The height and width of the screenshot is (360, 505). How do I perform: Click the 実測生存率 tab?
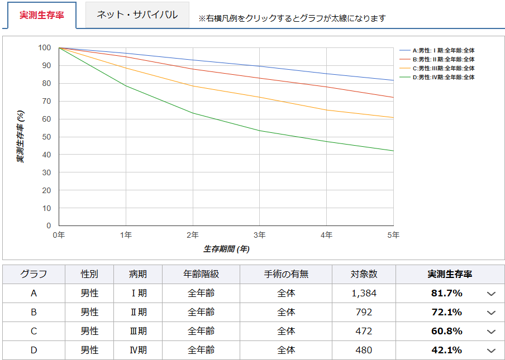(x=42, y=15)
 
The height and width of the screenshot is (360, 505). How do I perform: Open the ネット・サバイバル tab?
(x=137, y=15)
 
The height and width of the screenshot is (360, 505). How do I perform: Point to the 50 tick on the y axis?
(x=47, y=137)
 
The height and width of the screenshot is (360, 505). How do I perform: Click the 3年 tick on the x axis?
(x=259, y=235)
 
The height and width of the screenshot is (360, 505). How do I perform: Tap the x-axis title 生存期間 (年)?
(x=226, y=248)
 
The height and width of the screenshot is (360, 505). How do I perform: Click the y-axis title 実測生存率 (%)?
(x=20, y=136)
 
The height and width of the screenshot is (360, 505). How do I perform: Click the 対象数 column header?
(x=364, y=274)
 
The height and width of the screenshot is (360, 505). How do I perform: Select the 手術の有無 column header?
(x=286, y=274)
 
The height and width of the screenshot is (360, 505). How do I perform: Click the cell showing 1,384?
(x=364, y=293)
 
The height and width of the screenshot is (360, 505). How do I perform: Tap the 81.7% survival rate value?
(x=446, y=293)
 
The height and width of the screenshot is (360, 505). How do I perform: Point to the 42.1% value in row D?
(x=446, y=350)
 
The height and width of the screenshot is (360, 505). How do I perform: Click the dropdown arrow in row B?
(x=491, y=313)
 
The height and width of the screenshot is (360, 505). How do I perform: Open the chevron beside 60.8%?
(x=491, y=332)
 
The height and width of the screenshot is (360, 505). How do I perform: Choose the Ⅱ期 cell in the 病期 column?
(x=138, y=312)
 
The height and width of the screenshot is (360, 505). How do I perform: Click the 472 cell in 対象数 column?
(x=364, y=331)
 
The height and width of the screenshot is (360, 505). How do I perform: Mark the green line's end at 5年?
(x=393, y=151)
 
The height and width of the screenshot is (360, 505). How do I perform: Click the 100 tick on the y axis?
(x=45, y=47)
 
